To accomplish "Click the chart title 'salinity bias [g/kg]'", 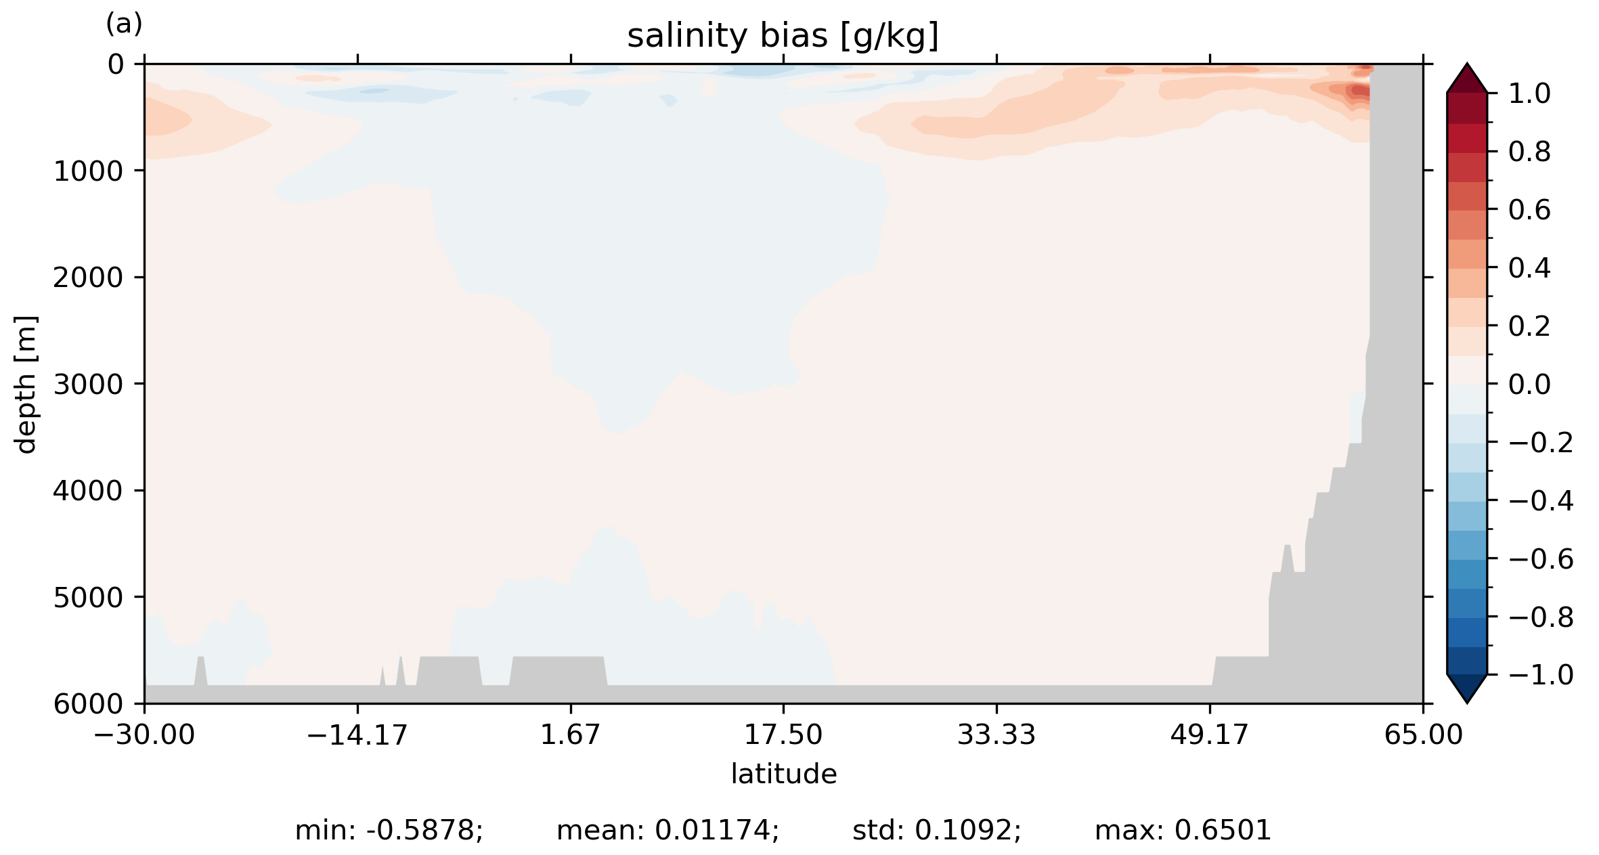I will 783,36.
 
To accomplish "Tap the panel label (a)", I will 124,24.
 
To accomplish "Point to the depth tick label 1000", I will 88,171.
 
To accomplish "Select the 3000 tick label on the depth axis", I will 88,385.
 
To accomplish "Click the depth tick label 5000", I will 88,598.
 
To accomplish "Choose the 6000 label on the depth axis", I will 88,704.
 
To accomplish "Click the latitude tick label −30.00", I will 144,735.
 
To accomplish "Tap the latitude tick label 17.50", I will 783,735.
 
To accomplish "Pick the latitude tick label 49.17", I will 1209,735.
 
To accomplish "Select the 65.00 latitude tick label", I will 1423,735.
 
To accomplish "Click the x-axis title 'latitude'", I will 783,774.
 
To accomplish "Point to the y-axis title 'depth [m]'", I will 26,384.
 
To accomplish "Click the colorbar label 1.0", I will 1529,93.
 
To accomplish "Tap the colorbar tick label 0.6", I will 1529,210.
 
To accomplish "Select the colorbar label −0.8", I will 1541,617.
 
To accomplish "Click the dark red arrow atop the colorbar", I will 1467,79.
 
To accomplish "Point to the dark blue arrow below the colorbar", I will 1467,688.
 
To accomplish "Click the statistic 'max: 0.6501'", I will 1183,830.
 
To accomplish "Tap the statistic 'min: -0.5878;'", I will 389,830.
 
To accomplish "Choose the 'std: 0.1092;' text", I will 936,830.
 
